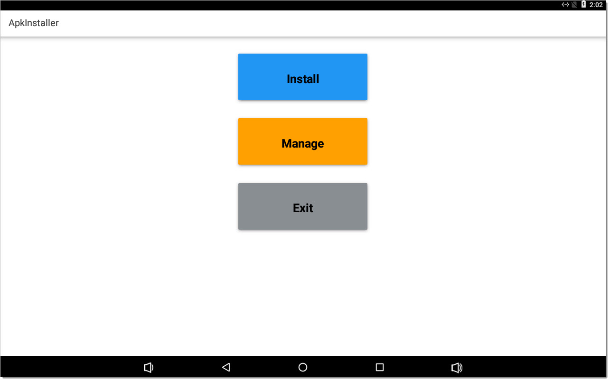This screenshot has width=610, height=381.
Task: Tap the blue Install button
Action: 302,77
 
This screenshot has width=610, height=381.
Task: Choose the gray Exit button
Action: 302,206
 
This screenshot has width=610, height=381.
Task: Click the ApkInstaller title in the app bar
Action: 34,23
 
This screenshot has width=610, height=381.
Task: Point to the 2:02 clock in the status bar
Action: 596,5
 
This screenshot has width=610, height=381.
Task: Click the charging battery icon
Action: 583,4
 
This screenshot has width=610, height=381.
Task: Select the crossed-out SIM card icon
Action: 574,5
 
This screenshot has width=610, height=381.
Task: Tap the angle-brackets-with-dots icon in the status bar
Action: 565,5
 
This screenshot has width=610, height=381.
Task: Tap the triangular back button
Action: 226,367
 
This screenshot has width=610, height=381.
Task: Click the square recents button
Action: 380,367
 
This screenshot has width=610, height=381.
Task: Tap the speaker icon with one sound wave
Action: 149,367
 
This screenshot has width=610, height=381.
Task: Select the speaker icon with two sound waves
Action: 457,367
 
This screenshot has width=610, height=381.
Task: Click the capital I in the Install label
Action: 289,79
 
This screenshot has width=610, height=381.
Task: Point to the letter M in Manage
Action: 286,143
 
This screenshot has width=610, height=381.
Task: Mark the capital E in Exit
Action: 296,208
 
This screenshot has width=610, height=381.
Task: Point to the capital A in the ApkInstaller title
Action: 12,23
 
